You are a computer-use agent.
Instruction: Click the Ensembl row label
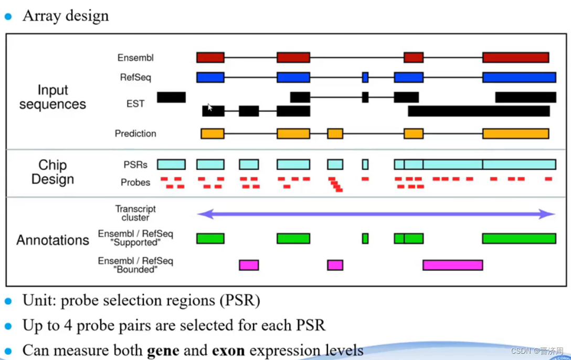pos(135,58)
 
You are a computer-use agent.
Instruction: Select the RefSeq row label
pos(135,78)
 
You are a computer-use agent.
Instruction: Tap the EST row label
pos(135,104)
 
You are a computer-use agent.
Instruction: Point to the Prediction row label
pos(135,134)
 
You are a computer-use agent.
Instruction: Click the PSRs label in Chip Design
pos(135,165)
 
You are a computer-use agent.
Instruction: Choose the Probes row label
pos(135,183)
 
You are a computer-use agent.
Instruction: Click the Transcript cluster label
pos(135,213)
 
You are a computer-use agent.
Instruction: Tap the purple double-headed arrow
pos(376,214)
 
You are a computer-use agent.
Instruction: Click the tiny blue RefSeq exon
pos(365,78)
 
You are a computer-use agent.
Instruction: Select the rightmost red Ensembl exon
pos(515,58)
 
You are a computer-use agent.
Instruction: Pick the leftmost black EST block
pos(171,97)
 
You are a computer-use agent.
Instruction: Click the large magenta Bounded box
pos(452,265)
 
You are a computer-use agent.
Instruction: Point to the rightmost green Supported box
pos(519,239)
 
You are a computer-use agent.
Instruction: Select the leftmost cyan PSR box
pos(171,164)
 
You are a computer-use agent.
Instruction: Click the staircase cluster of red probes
pos(335,184)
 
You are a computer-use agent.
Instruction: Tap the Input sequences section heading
pos(52,97)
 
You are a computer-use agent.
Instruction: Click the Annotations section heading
pos(52,240)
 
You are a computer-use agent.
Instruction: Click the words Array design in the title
pos(66,16)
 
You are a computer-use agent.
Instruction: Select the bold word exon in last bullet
pos(226,350)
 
